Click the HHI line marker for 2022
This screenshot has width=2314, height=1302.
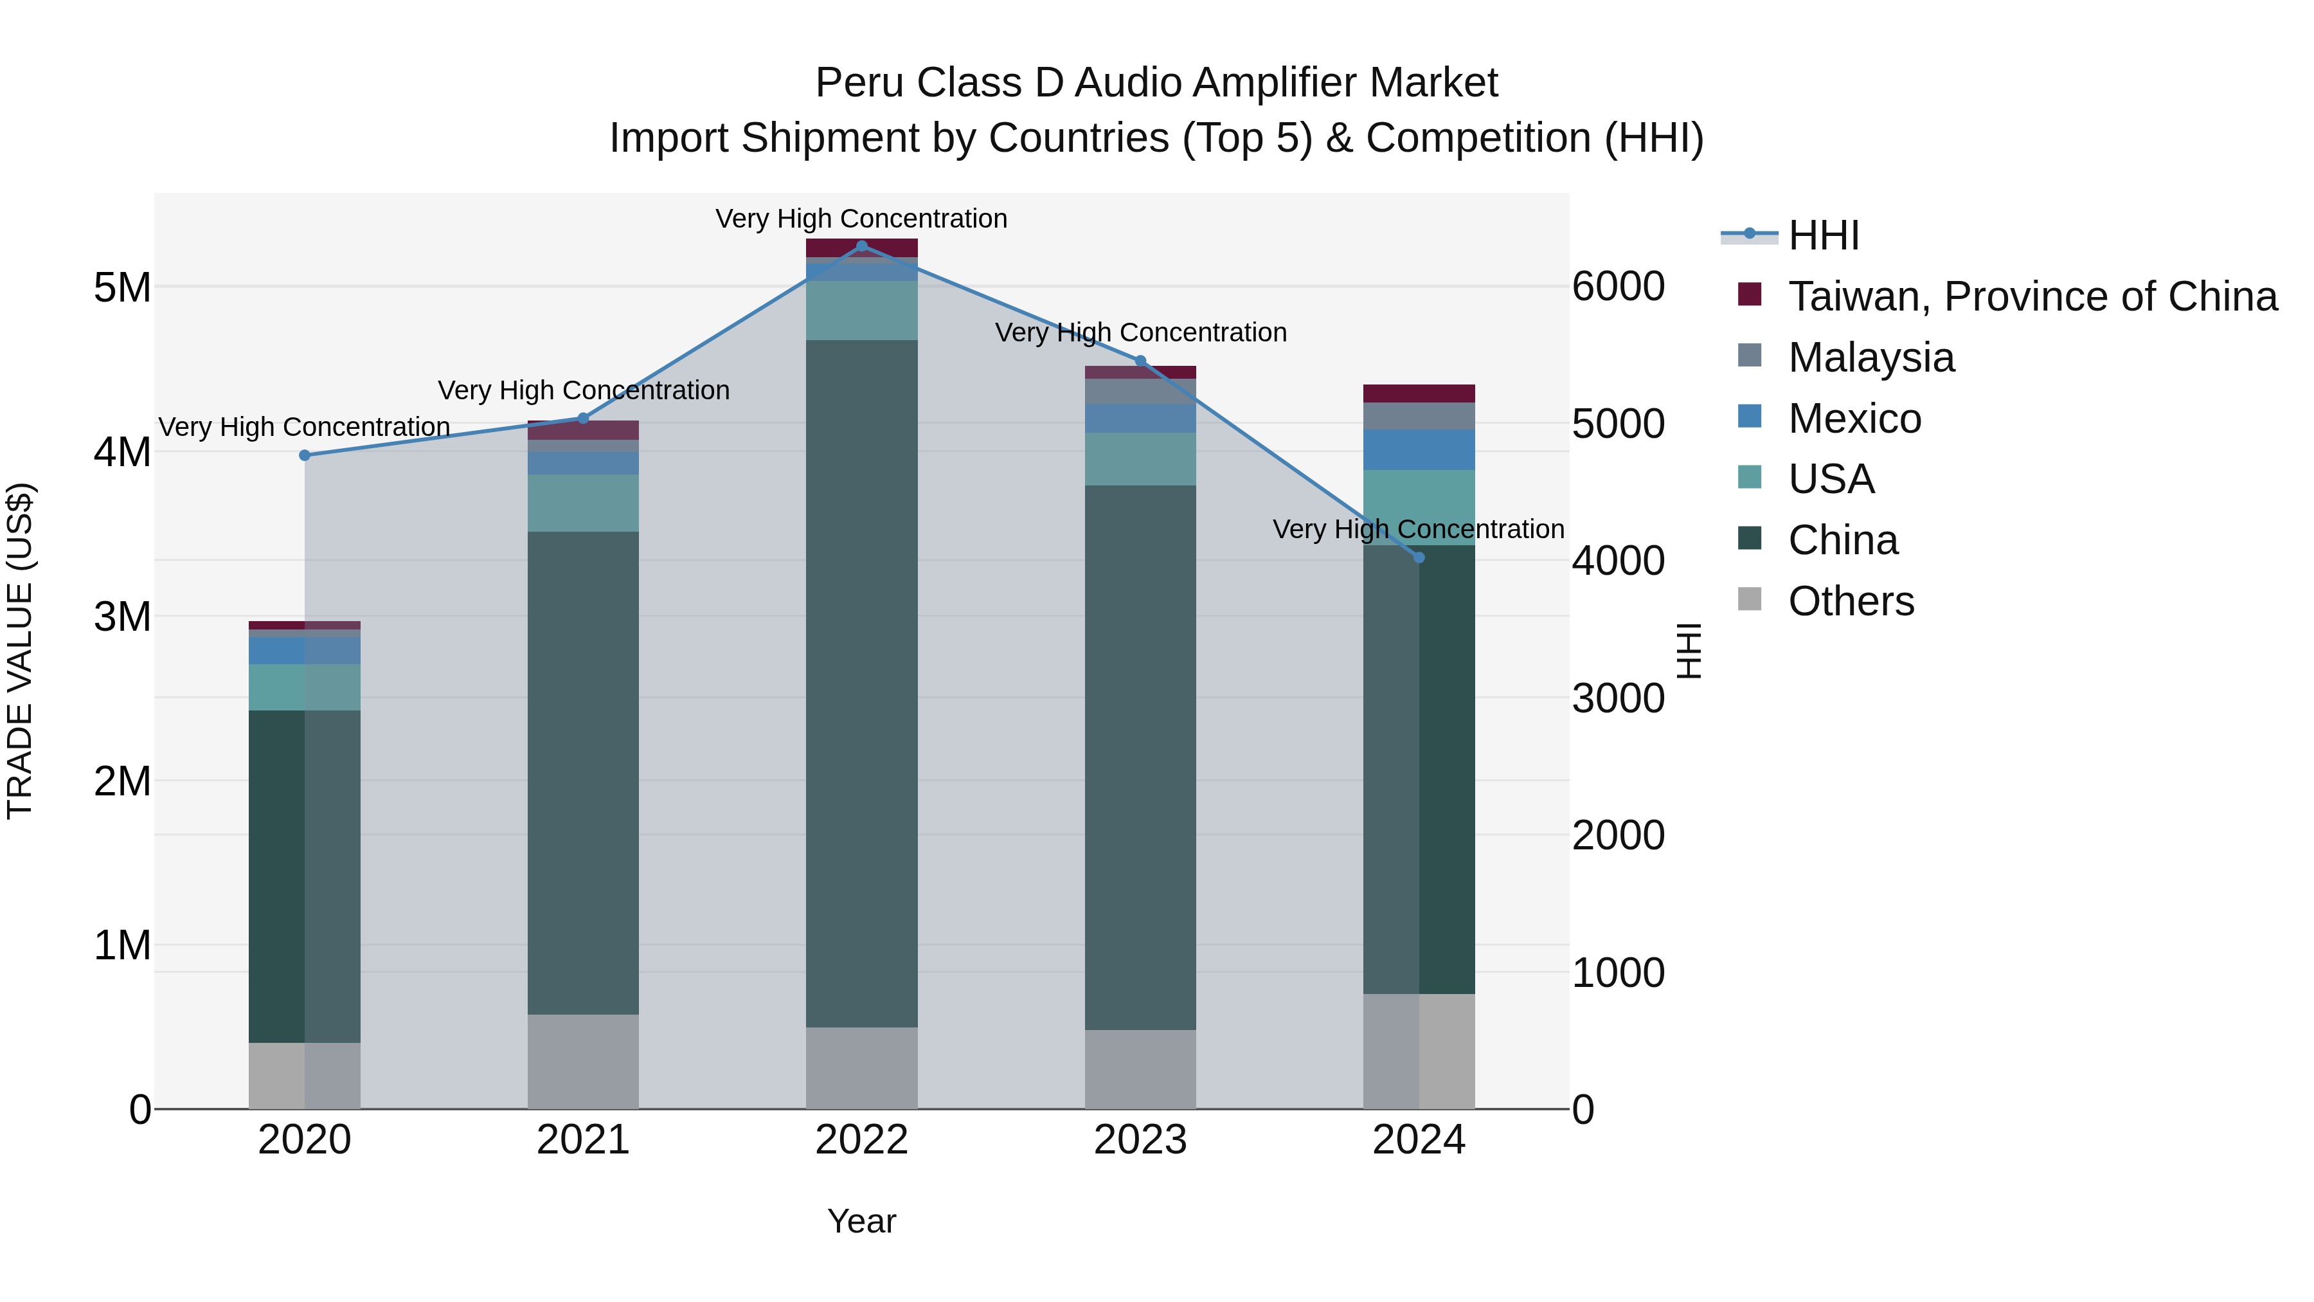tap(861, 246)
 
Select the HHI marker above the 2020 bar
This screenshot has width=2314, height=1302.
tap(305, 456)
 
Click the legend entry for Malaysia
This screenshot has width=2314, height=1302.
tap(1870, 357)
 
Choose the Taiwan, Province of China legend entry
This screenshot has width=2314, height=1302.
tap(2032, 296)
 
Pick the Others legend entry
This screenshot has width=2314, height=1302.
tap(1851, 601)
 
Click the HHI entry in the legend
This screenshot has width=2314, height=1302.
tap(1823, 235)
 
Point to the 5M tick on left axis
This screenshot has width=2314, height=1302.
tap(122, 287)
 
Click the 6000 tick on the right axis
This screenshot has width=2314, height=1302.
tap(1618, 287)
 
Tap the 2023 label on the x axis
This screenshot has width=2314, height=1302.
tap(1140, 1140)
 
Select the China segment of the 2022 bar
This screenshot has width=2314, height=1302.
tap(861, 683)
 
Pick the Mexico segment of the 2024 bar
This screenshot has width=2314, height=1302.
tap(1419, 449)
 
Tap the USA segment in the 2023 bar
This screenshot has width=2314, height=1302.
tap(1140, 459)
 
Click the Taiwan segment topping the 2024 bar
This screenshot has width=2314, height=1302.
tap(1419, 393)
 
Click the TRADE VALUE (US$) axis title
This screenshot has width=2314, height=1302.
tap(20, 651)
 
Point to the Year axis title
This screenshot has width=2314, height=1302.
tap(861, 1221)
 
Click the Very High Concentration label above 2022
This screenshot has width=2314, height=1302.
tap(861, 219)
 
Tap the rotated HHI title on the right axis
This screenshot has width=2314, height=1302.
tap(1689, 651)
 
